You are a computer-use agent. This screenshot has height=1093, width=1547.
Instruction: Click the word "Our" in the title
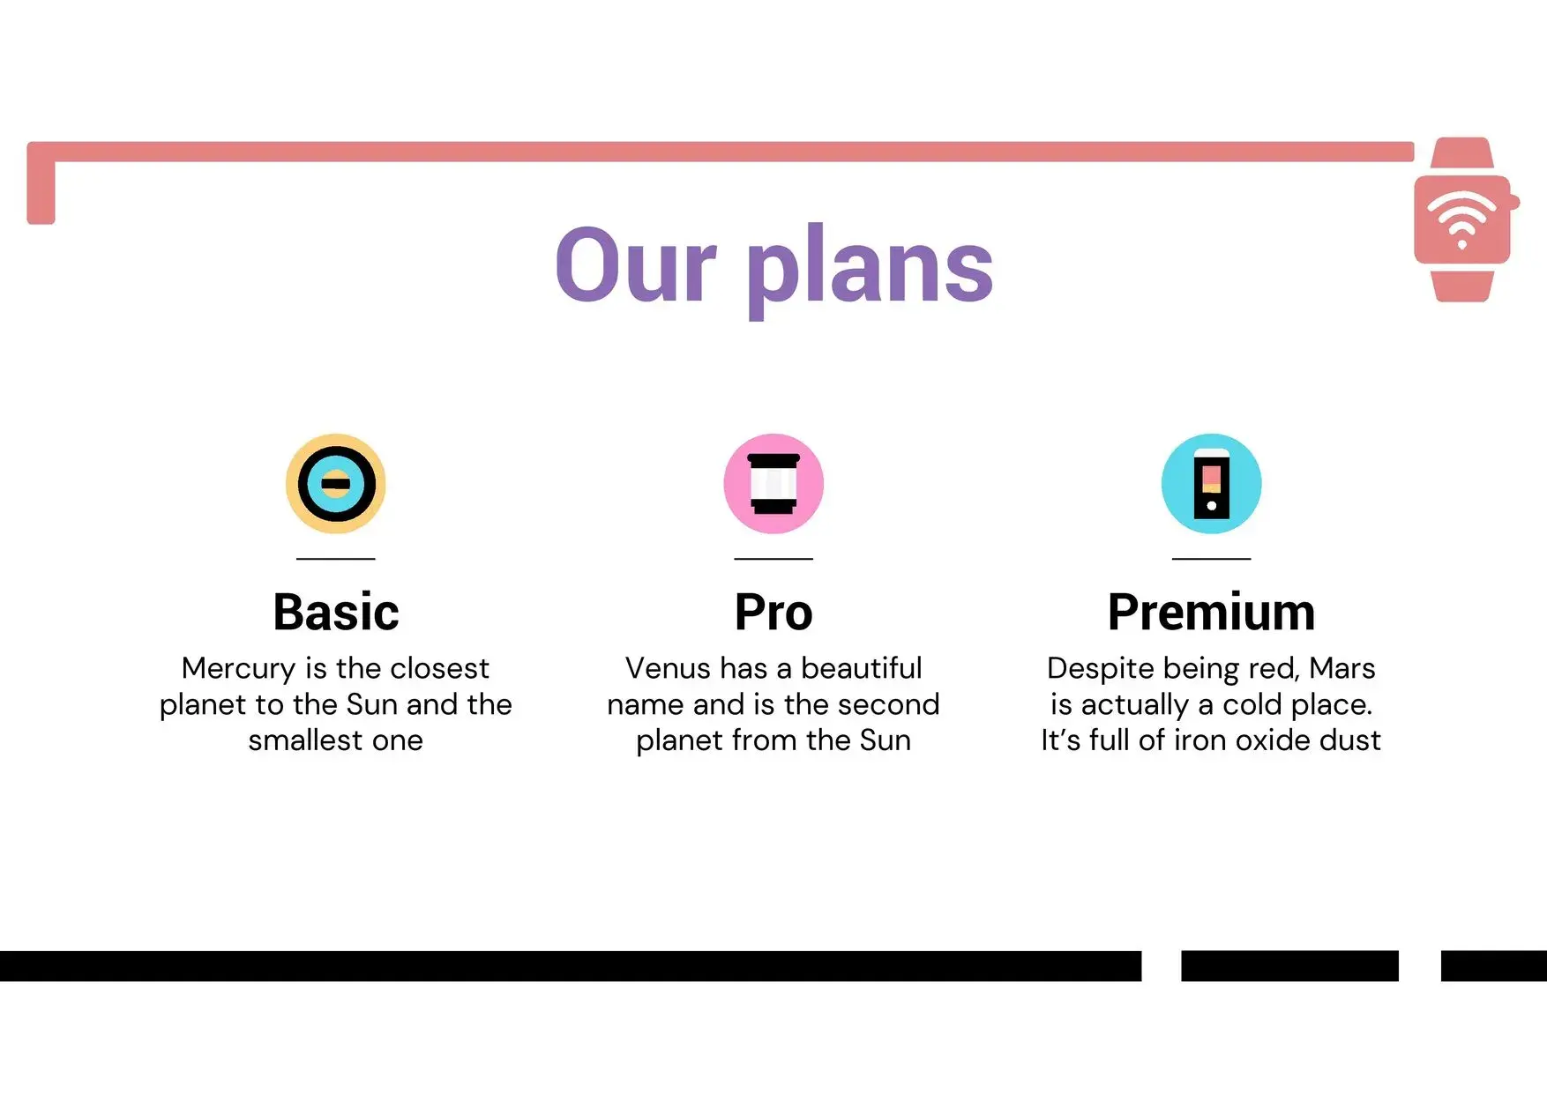pos(636,264)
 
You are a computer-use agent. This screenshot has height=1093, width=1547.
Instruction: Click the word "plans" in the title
pos(871,269)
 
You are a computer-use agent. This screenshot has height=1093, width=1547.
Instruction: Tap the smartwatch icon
pos(1465,219)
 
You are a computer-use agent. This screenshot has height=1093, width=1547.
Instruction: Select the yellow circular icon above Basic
pos(335,483)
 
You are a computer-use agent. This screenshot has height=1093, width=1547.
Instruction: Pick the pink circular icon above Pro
pos(773,483)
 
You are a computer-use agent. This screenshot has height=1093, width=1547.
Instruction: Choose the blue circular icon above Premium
pos(1211,483)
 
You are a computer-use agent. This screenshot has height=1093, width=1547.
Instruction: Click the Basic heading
pos(335,612)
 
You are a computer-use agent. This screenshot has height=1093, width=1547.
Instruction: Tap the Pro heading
pos(773,612)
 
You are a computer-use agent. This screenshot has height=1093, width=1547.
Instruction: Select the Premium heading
pos(1211,612)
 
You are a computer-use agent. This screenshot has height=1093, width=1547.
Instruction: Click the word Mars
pos(1342,668)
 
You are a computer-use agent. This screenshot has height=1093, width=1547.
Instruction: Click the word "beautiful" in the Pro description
pos(862,668)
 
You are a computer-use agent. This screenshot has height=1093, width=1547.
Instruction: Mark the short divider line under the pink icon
pos(773,558)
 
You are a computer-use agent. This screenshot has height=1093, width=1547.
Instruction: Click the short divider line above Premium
pos(1211,558)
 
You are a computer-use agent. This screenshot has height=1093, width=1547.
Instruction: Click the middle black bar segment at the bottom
pos(1289,966)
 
